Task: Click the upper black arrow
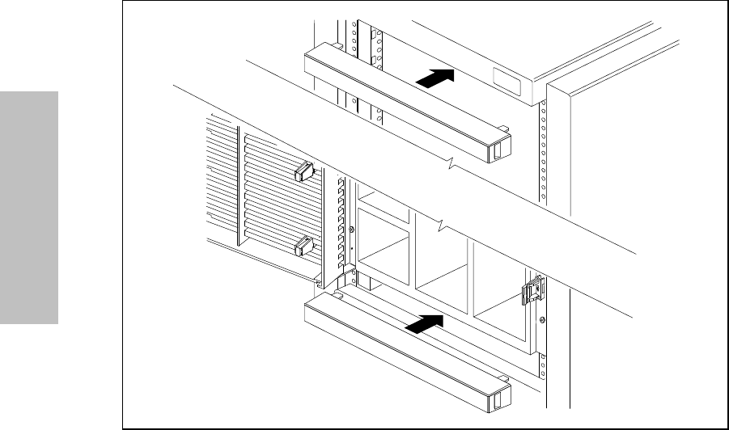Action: pos(433,78)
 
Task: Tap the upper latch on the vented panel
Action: pos(303,171)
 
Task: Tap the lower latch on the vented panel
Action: pos(303,245)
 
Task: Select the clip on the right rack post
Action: pos(532,291)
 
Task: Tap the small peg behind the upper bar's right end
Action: pos(503,127)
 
